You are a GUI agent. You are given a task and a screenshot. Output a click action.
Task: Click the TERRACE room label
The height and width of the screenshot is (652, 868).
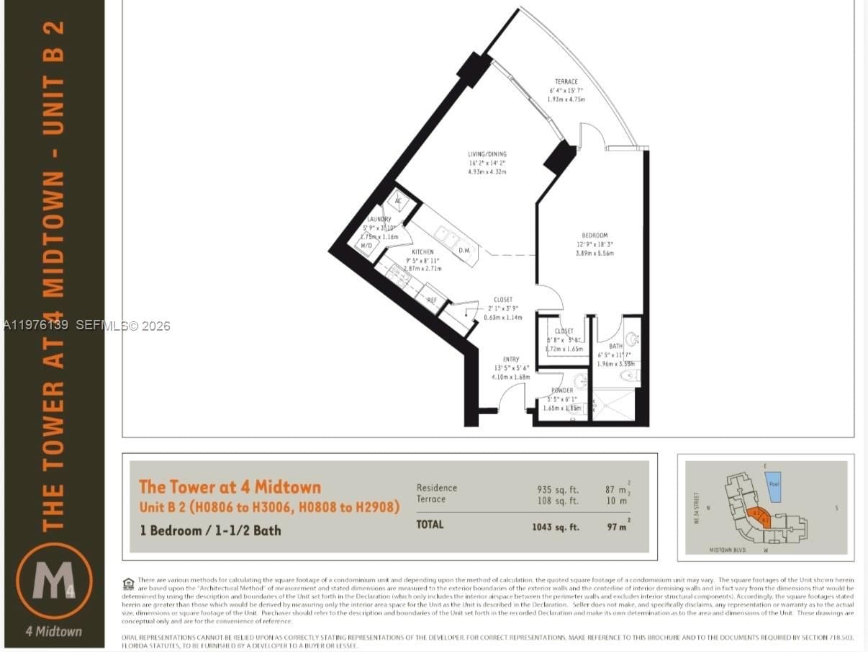click(x=566, y=82)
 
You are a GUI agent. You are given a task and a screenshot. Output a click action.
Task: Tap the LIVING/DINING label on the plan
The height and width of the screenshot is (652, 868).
click(x=487, y=153)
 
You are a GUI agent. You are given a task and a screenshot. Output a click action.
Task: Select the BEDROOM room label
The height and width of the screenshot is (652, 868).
click(x=595, y=235)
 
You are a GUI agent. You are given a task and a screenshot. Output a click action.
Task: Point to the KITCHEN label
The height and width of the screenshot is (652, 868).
click(x=422, y=252)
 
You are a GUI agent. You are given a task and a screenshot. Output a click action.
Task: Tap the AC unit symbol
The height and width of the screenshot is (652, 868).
click(x=397, y=201)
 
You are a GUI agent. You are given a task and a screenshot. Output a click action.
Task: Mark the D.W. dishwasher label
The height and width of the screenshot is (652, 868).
click(x=465, y=250)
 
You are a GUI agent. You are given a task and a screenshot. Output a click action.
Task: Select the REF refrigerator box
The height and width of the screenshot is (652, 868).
click(x=432, y=299)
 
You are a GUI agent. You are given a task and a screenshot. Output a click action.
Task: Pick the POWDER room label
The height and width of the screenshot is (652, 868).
click(x=562, y=390)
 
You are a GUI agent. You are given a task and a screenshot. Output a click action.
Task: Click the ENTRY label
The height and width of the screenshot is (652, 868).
click(x=510, y=359)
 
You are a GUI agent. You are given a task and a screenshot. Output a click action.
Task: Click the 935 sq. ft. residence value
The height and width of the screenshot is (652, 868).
click(x=558, y=488)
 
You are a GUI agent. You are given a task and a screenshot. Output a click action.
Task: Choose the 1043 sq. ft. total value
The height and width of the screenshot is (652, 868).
click(x=555, y=527)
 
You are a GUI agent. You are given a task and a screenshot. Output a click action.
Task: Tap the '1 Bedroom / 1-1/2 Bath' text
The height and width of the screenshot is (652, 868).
click(x=210, y=530)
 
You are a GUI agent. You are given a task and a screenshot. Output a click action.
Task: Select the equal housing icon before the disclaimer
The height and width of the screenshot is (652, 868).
click(x=129, y=583)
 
